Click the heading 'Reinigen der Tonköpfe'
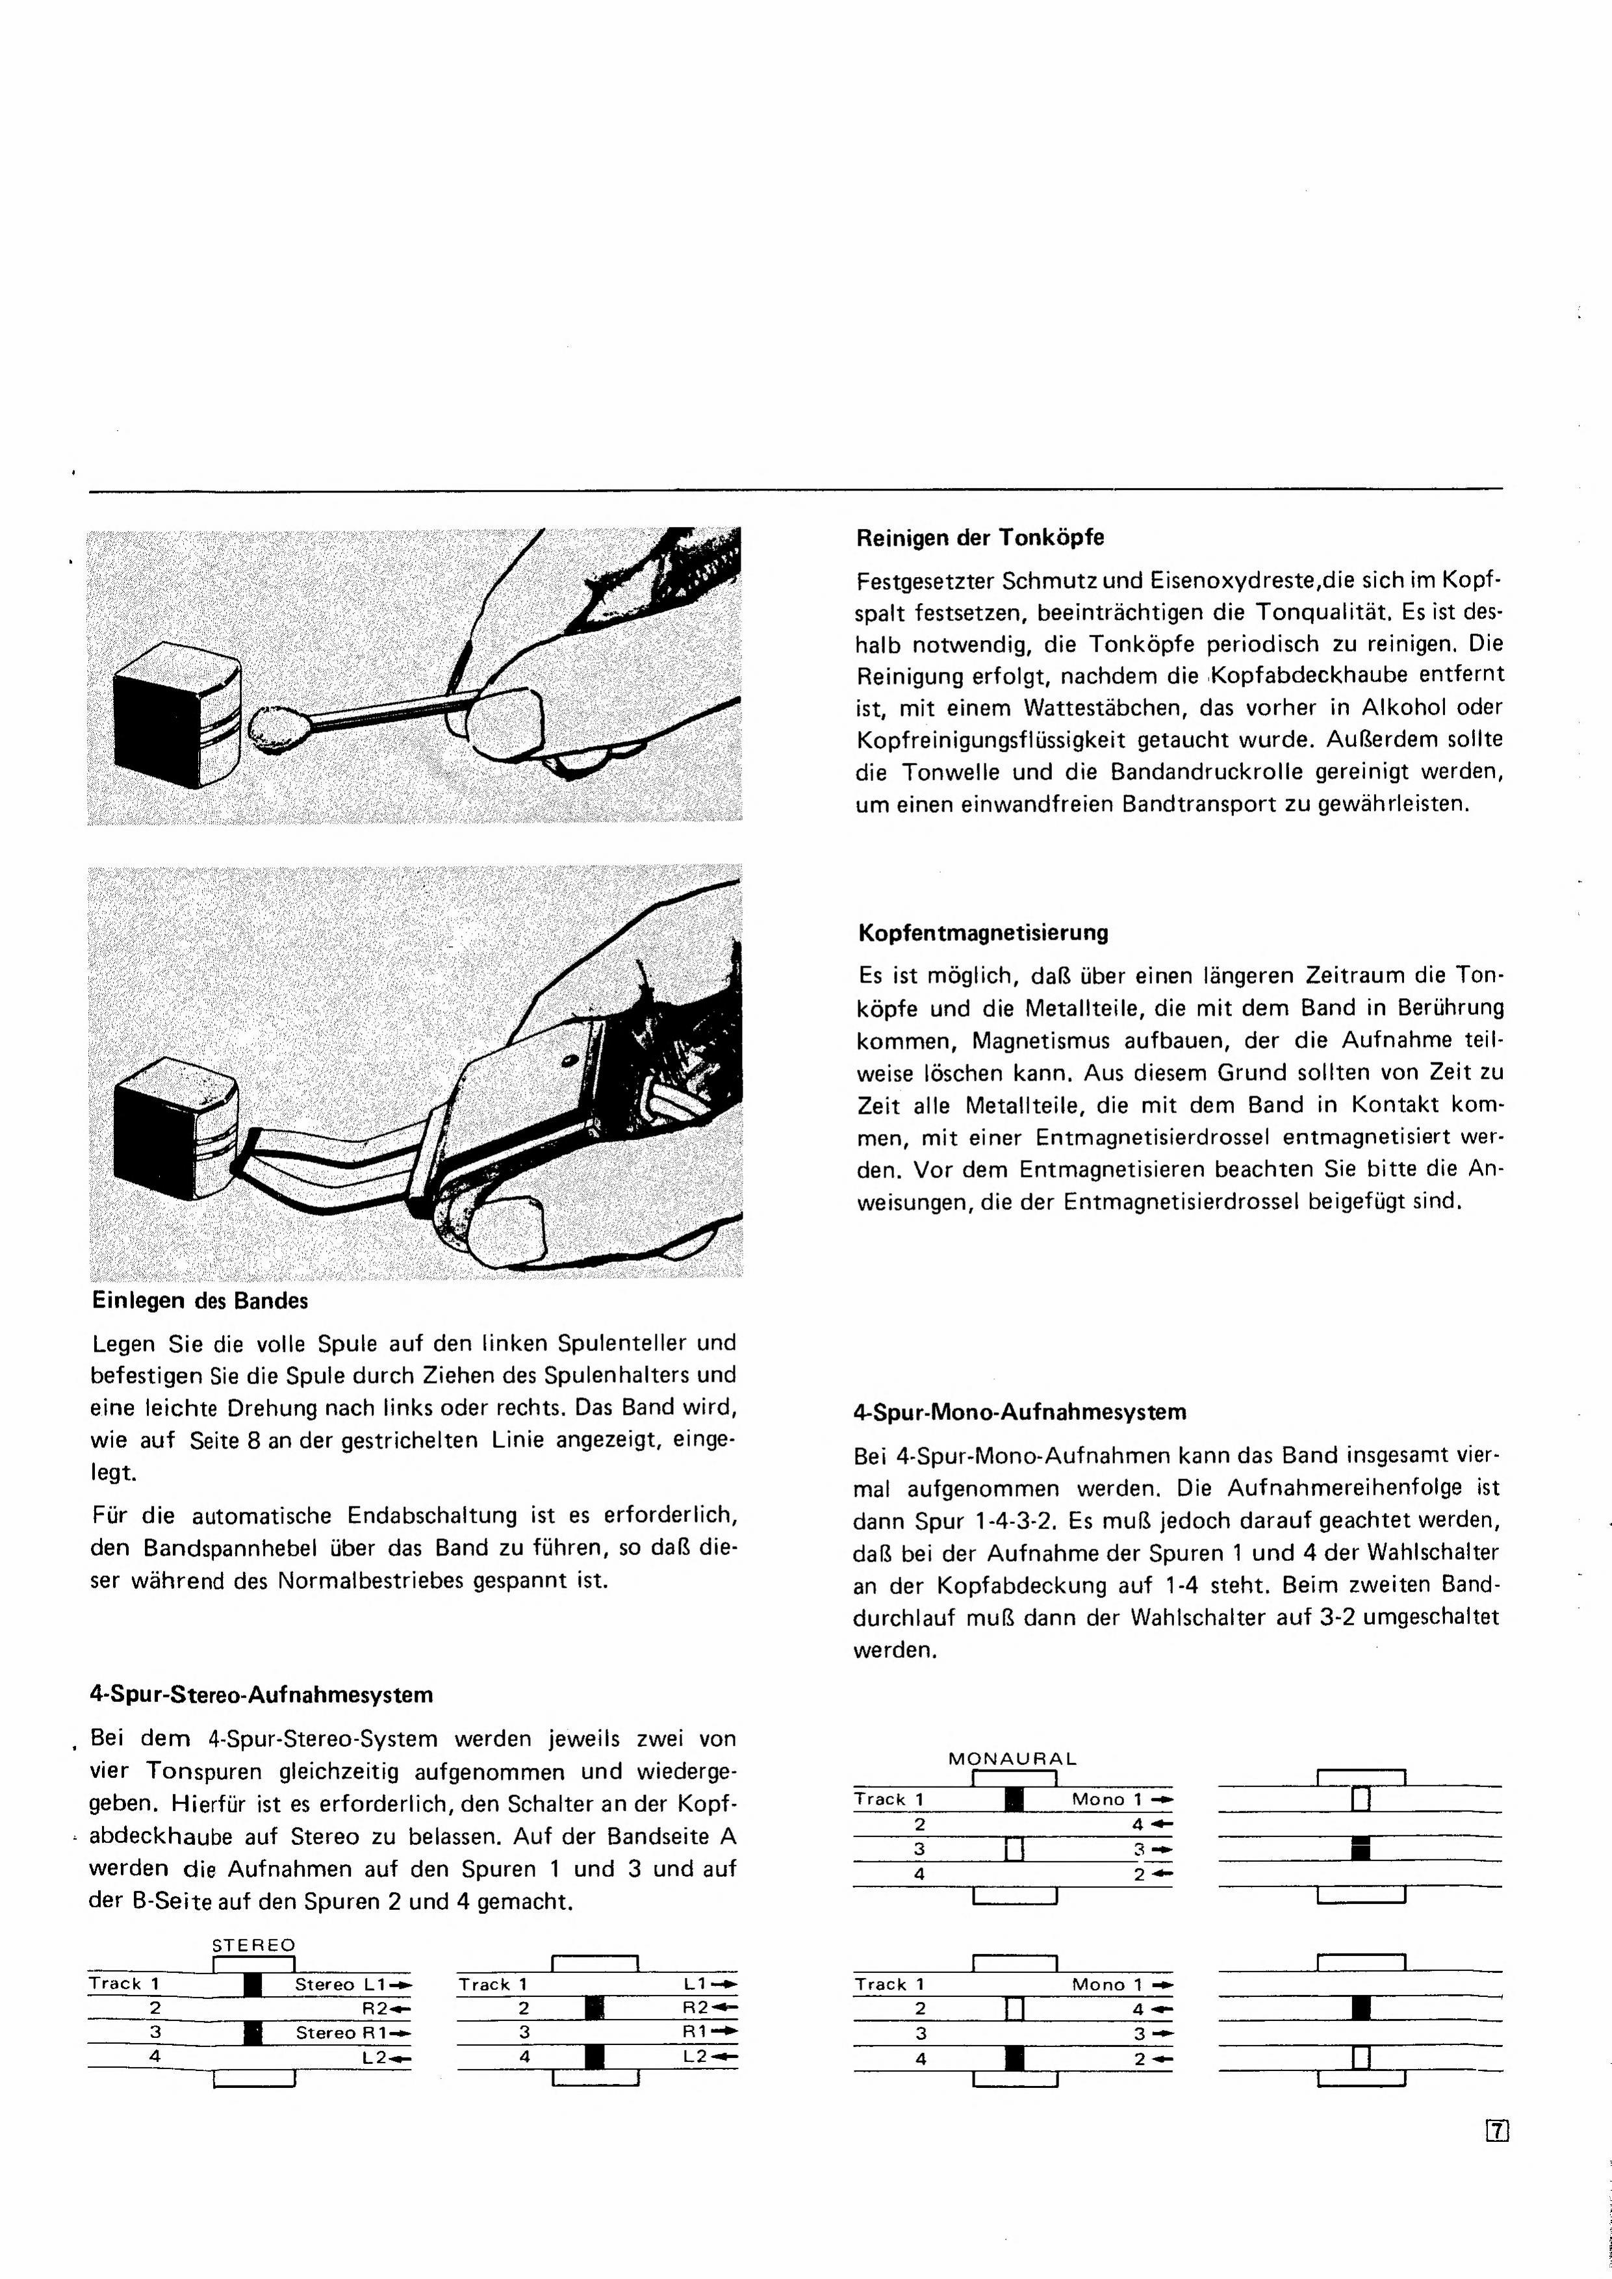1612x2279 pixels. (980, 538)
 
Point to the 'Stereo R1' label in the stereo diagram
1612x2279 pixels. (340, 2033)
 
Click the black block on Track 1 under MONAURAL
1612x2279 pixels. (1014, 1799)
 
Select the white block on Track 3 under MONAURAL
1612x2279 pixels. (1014, 1848)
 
